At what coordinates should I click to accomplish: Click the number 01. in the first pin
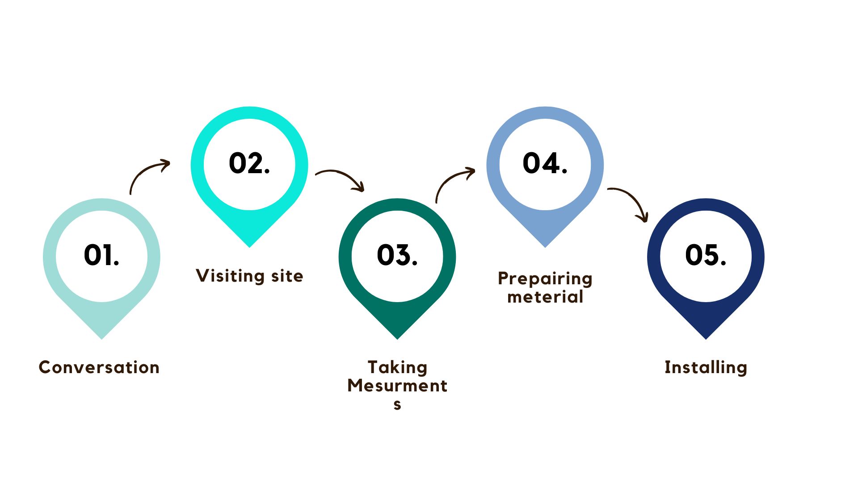point(101,255)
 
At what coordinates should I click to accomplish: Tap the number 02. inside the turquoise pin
point(249,163)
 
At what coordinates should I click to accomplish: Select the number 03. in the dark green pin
point(397,255)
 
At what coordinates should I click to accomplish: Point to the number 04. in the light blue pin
point(545,163)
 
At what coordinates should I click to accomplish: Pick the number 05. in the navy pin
point(706,255)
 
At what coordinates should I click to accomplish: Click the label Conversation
point(99,367)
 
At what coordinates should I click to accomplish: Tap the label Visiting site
point(249,276)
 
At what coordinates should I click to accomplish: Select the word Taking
point(397,367)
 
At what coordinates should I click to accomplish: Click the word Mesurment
point(397,386)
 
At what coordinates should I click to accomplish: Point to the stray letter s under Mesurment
point(397,405)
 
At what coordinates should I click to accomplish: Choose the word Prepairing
point(545,279)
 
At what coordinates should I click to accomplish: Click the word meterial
point(545,297)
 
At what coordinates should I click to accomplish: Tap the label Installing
point(706,367)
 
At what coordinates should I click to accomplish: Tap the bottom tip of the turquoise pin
point(249,245)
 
